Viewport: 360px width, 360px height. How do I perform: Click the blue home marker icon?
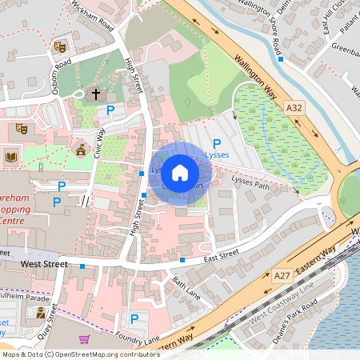[180, 172]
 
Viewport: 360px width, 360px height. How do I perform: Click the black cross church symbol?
[96, 94]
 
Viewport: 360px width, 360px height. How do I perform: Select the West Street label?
[42, 263]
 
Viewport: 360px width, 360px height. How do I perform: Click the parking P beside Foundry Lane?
[134, 318]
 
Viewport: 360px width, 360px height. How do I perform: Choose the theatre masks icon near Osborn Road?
[58, 46]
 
